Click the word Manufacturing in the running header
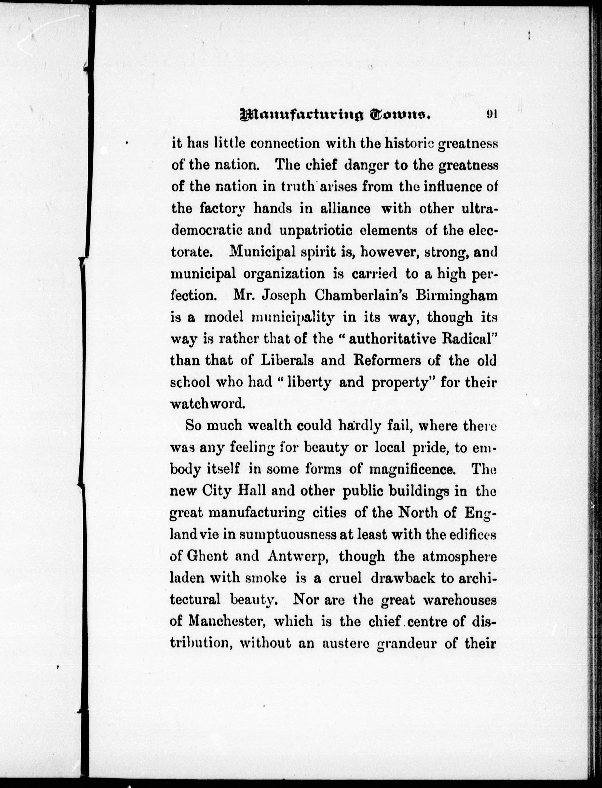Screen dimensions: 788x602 click(296, 115)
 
